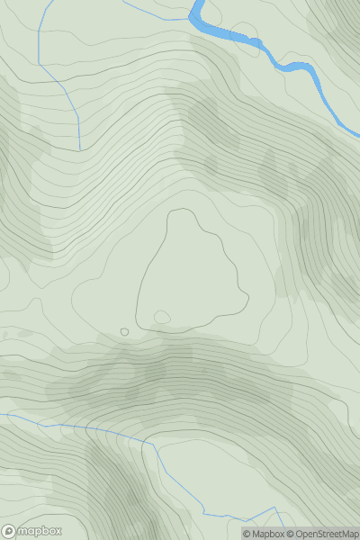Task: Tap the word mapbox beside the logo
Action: (x=40, y=531)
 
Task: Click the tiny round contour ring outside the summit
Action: (x=124, y=332)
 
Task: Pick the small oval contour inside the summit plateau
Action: (x=162, y=317)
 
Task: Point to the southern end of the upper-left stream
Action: (x=79, y=148)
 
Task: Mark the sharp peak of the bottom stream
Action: (x=274, y=508)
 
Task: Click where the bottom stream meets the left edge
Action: (x=2, y=415)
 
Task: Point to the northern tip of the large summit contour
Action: (x=183, y=210)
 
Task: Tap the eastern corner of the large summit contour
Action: (x=247, y=299)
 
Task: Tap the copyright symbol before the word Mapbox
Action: (x=247, y=534)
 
